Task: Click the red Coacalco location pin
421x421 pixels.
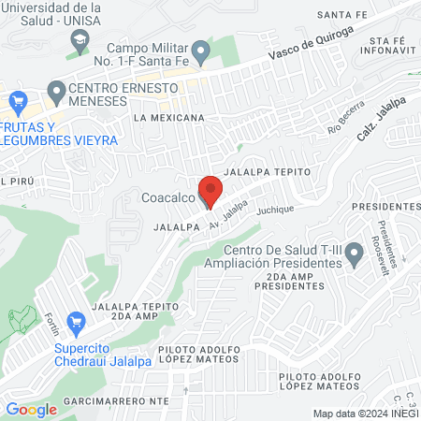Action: [x=210, y=190]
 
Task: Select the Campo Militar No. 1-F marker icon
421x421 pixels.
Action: [x=200, y=50]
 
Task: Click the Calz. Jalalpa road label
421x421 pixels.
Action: [x=378, y=123]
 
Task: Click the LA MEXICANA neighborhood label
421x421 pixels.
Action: [x=169, y=118]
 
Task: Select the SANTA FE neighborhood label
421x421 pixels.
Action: [x=341, y=14]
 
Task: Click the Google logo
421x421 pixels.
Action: [x=31, y=409]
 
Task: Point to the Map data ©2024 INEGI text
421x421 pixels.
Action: [x=364, y=414]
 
